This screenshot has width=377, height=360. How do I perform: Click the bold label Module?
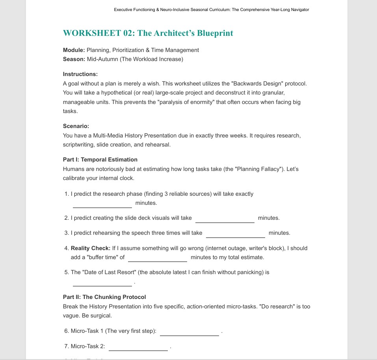tap(74, 50)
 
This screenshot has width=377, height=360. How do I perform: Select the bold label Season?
tap(74, 59)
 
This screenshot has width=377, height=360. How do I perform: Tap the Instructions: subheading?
tap(80, 74)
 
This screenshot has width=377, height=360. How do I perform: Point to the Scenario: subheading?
tap(76, 126)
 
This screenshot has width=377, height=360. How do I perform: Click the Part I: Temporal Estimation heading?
tap(100, 160)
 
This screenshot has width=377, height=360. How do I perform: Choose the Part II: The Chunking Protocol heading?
tap(104, 297)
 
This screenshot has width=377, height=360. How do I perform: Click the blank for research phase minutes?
tap(102, 204)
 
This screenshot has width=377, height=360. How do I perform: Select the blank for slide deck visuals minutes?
tap(225, 219)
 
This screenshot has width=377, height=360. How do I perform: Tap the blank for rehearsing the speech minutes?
tap(236, 234)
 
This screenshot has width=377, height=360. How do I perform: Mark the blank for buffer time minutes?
tap(158, 258)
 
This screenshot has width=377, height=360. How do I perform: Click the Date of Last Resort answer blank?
tap(102, 282)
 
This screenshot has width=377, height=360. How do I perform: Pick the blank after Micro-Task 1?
tap(189, 332)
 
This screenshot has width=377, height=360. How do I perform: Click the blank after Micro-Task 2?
tap(138, 347)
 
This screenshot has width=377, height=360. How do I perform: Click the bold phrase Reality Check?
tap(91, 248)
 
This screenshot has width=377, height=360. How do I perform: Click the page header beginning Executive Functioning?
tap(212, 9)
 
